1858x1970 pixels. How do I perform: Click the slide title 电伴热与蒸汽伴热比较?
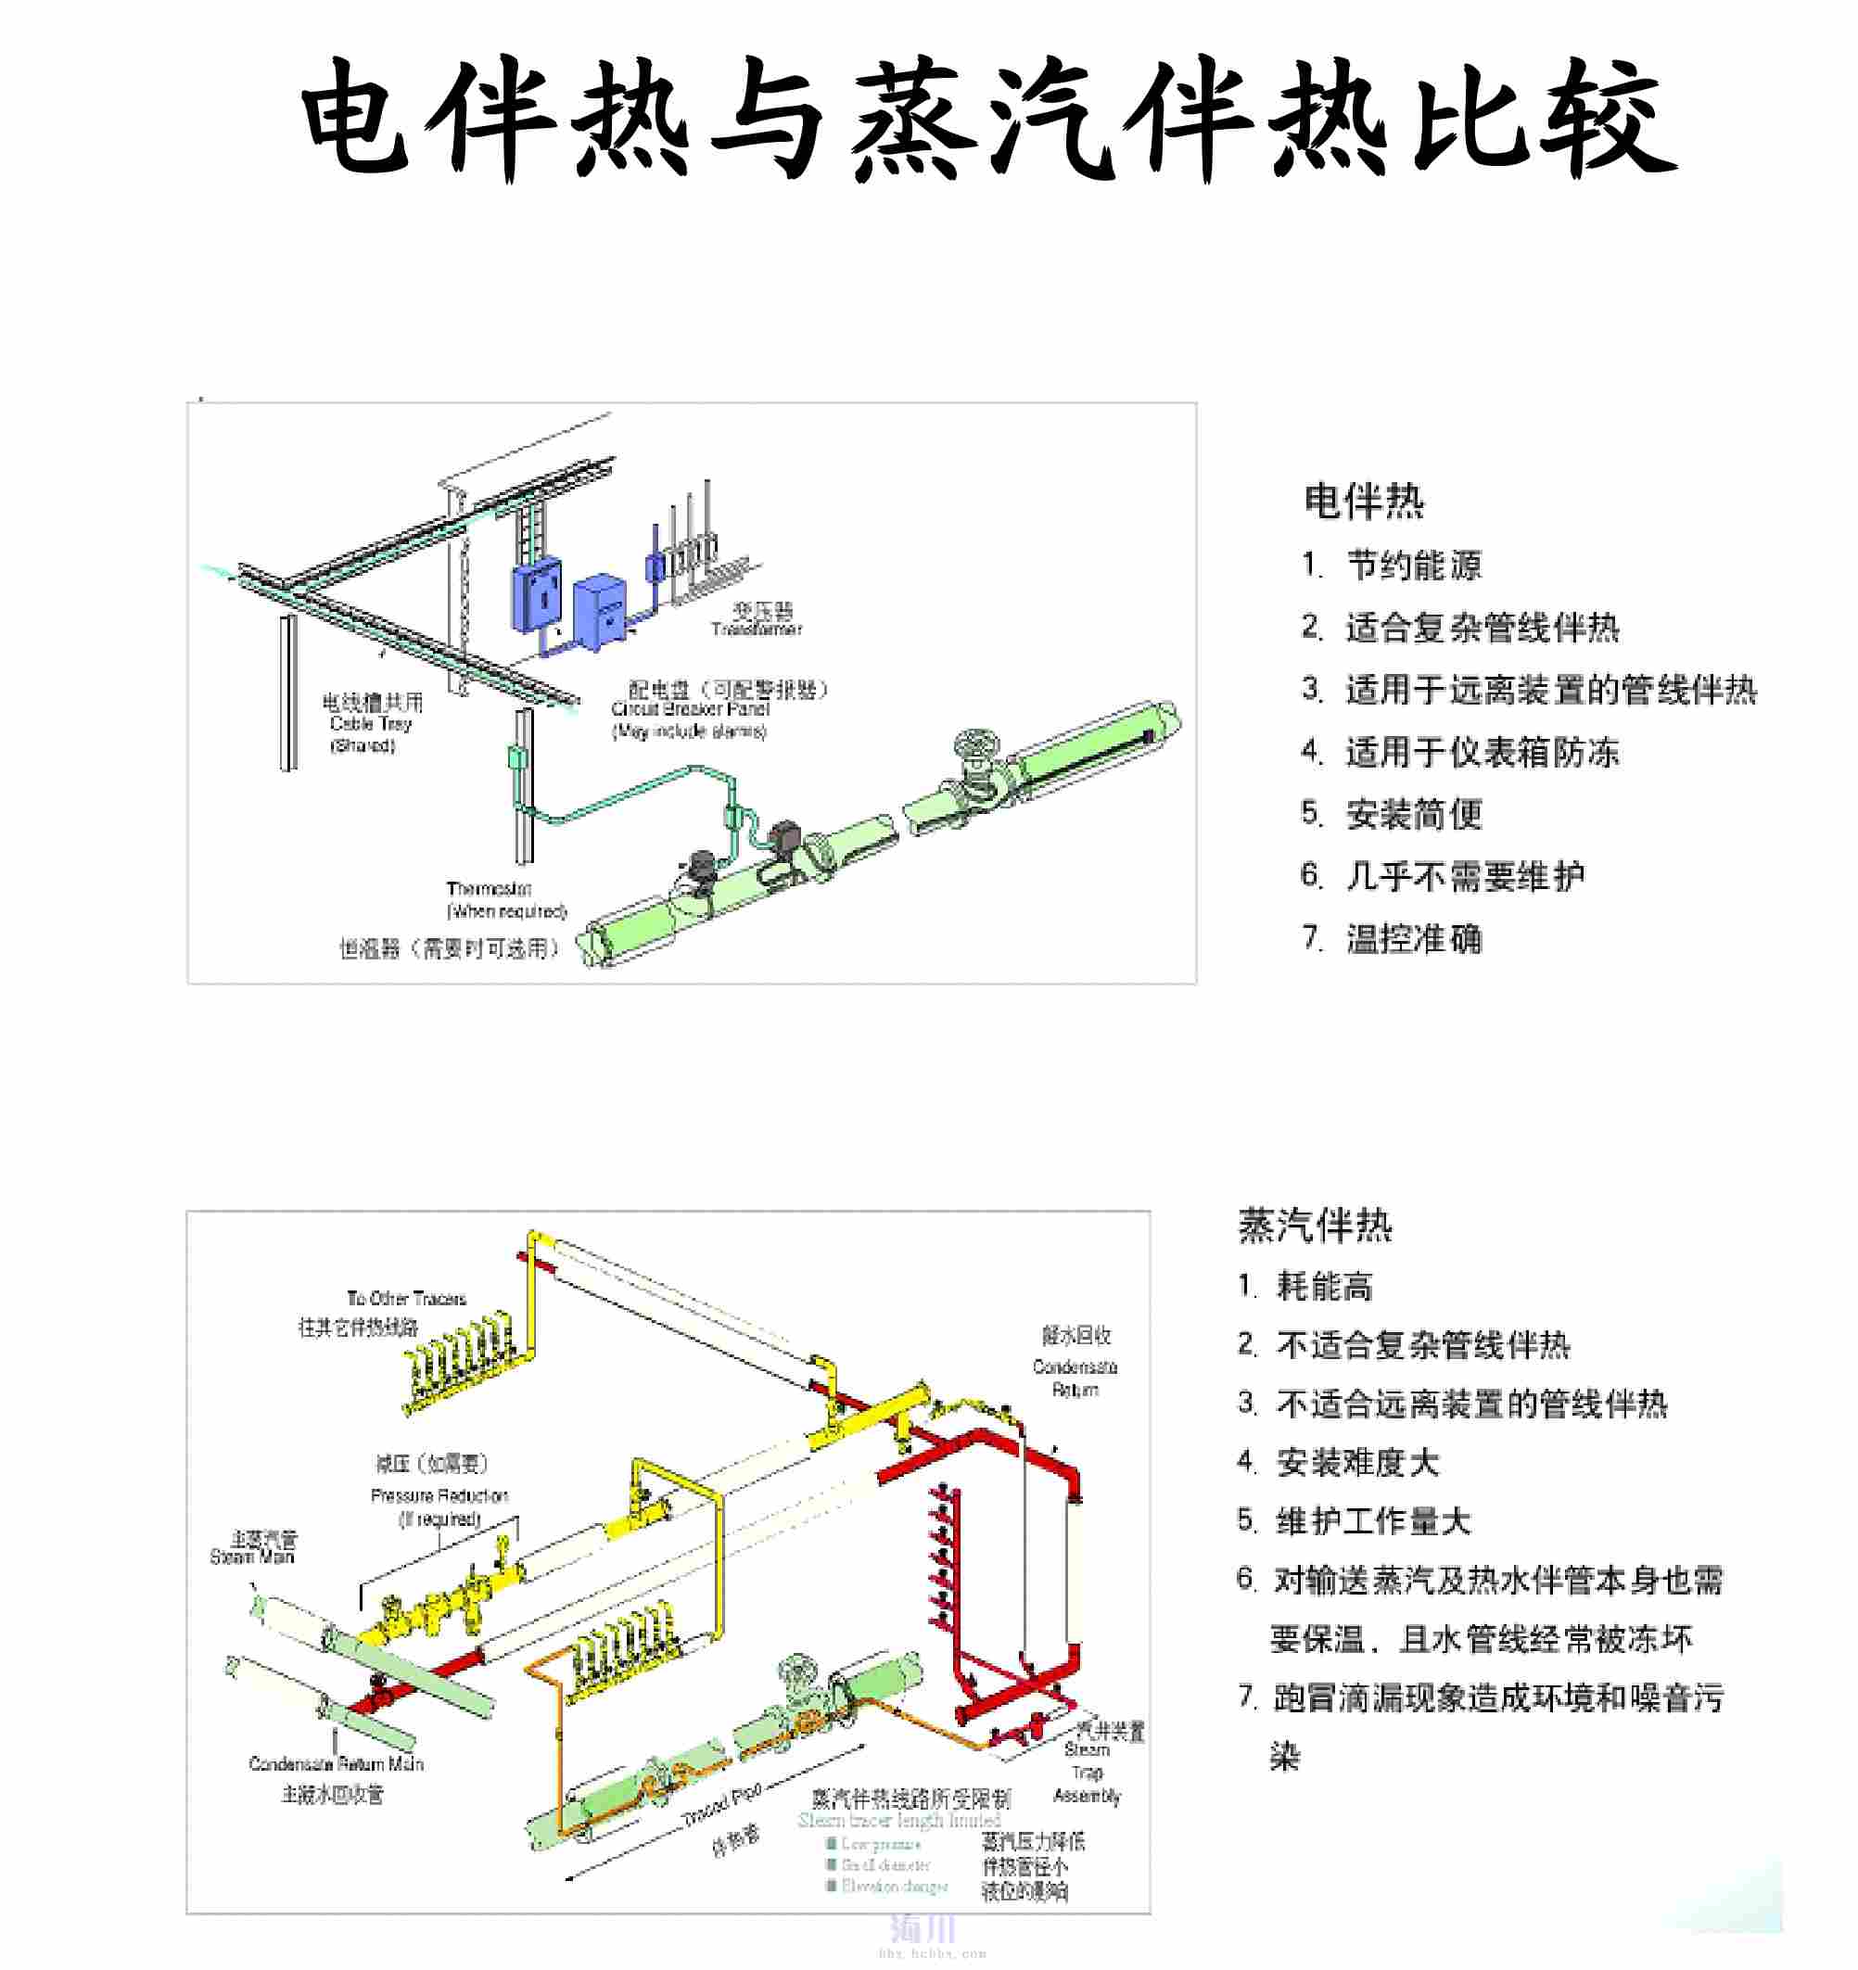tap(989, 119)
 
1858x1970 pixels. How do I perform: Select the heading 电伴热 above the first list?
tap(1364, 502)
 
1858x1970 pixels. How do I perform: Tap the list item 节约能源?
tap(1413, 566)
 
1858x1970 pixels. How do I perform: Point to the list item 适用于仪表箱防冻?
tap(1482, 752)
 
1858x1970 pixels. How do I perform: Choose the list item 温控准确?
tap(1413, 938)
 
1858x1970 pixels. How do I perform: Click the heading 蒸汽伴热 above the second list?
tap(1315, 1226)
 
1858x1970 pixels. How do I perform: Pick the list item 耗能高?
tap(1324, 1288)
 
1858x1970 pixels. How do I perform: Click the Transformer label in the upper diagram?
tap(756, 629)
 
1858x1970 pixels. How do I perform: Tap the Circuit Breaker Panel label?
tap(691, 708)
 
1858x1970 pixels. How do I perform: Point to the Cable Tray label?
tap(371, 723)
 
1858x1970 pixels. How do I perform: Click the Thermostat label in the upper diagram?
tap(489, 888)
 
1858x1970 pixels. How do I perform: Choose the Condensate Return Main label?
tap(336, 1764)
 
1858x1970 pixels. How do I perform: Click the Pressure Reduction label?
tap(439, 1495)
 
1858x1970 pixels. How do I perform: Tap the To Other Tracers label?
tap(406, 1298)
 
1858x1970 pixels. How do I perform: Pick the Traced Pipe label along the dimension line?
tap(721, 1806)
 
